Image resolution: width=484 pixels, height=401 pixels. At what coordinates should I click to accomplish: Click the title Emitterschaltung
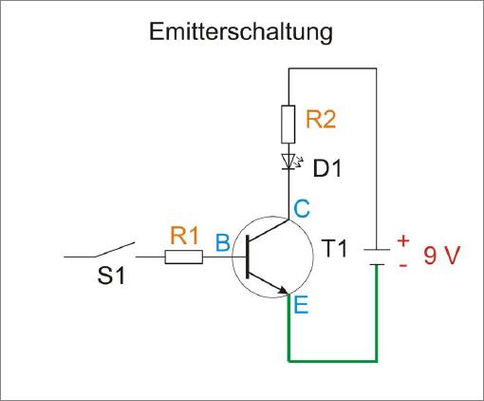coord(241,32)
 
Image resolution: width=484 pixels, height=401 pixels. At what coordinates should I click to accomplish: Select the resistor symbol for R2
coord(289,124)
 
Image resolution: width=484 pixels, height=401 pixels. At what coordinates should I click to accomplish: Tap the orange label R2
coord(321,120)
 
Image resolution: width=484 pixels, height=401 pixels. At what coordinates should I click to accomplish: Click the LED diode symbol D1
coord(289,162)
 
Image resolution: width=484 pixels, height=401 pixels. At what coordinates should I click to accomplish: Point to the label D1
coord(327,168)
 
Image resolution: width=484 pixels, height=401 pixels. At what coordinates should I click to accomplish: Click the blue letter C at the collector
coord(302,209)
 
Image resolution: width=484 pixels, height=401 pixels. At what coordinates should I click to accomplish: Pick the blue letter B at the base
coord(223,242)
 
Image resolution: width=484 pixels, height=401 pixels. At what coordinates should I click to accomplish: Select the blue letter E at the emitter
coord(301,305)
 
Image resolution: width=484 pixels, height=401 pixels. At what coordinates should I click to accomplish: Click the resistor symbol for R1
coord(184,257)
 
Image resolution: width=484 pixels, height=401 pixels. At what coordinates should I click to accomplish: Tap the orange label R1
coord(184,236)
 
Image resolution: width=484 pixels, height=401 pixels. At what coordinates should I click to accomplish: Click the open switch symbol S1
coord(99,250)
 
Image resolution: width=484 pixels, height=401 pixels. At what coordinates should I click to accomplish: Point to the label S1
coord(111,276)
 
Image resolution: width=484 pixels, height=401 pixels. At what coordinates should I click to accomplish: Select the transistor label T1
coord(334,248)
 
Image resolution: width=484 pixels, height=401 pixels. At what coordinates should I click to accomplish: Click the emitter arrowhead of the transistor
coord(283,290)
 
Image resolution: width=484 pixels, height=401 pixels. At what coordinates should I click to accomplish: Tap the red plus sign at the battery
coord(403,241)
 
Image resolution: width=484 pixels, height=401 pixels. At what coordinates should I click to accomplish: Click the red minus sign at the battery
coord(403,264)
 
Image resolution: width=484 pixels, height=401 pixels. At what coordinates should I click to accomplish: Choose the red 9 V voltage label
coord(441,256)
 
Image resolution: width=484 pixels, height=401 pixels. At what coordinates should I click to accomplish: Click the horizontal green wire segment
coord(332,361)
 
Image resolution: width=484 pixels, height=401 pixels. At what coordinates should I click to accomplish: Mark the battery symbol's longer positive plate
coord(377,250)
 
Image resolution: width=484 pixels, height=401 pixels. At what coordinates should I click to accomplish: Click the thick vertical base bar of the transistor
coord(248,257)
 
